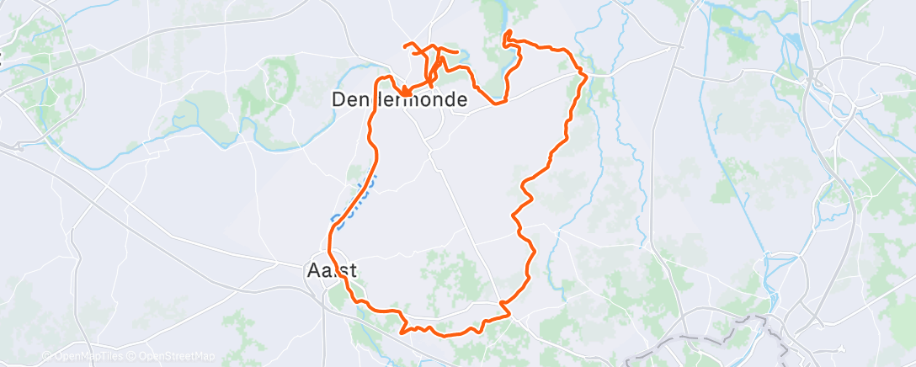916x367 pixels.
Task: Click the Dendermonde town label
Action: [x=399, y=99]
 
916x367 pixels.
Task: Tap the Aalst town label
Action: [x=330, y=271]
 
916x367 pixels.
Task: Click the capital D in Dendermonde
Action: [x=338, y=99]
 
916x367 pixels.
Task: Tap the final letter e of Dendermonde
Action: [x=462, y=99]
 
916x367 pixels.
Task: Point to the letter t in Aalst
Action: [x=353, y=271]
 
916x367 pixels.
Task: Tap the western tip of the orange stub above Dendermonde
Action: [x=405, y=44]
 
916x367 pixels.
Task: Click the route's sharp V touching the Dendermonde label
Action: [x=405, y=92]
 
